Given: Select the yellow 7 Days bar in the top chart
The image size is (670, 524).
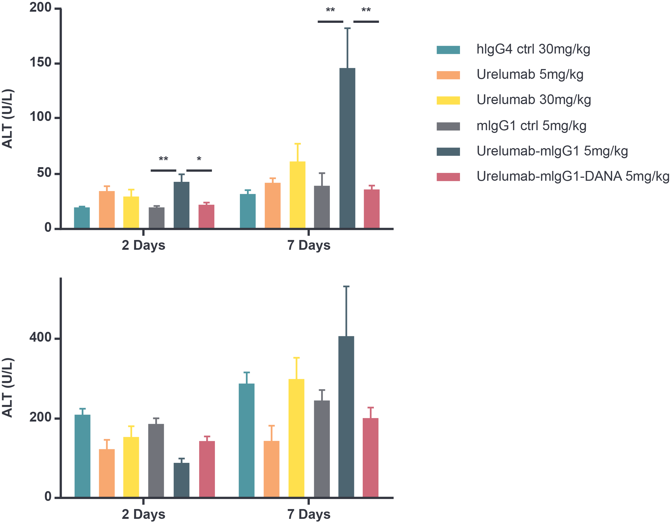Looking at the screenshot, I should (297, 195).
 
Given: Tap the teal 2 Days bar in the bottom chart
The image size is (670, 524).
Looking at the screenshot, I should (83, 455).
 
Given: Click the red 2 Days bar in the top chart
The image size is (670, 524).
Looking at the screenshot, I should (206, 216).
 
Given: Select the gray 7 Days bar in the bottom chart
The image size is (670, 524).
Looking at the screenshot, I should (322, 448).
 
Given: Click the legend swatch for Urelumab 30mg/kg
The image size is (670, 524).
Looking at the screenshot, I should (448, 100).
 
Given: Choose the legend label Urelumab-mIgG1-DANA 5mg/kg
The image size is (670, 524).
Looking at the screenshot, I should (572, 177).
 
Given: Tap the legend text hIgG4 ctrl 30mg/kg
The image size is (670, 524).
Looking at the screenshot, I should (533, 49).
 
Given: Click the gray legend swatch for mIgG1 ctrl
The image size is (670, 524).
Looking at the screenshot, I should (448, 126).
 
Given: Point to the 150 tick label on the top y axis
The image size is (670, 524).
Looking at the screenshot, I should (40, 63).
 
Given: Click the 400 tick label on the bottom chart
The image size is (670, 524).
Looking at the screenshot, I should (40, 338).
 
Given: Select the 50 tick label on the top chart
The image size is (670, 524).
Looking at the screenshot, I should (44, 173).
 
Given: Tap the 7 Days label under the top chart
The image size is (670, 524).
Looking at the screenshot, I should (309, 245).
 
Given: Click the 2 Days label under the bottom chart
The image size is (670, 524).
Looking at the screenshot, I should (143, 514).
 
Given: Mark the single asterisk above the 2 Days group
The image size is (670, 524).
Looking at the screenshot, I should (199, 159).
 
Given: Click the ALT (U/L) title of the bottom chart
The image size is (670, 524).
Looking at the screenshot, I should (8, 387).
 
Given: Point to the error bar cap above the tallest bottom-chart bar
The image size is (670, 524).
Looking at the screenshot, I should (346, 286).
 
